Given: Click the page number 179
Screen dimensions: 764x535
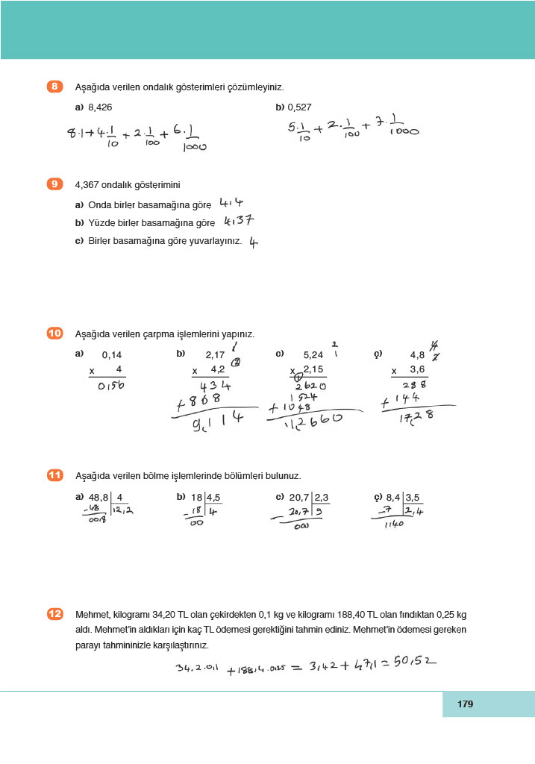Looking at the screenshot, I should tap(466, 704).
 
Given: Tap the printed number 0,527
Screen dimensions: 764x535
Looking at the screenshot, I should tap(298, 107).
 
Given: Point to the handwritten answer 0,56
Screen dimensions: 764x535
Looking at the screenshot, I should tap(110, 386).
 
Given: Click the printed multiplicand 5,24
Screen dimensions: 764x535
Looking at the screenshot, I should tap(313, 356).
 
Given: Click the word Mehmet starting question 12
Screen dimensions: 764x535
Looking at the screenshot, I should tap(91, 615).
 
